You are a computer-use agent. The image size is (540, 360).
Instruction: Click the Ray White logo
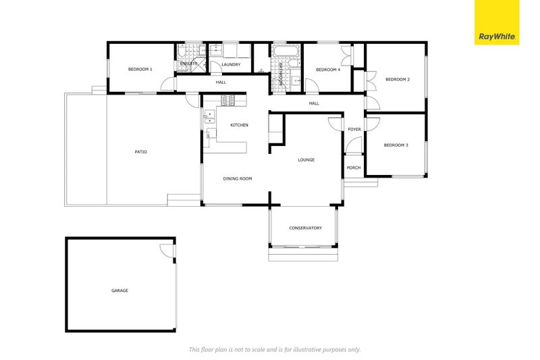point(497,22)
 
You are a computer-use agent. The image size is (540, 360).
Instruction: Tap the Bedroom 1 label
point(140,70)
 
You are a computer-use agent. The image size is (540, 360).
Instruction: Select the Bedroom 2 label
point(398,79)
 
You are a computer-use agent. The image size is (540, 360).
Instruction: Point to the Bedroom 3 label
point(396,145)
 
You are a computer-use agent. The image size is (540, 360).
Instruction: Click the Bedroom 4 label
point(328,70)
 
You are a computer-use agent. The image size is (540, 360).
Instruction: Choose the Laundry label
point(231,64)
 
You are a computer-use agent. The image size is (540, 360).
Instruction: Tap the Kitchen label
point(239,125)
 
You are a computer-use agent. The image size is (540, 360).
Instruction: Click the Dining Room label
point(238,178)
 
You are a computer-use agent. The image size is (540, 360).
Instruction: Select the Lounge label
point(306,160)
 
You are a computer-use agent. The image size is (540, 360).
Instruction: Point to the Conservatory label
point(305,228)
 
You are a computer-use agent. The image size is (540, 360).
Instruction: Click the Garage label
point(119,290)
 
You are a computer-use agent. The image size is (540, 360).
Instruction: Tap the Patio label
point(140,151)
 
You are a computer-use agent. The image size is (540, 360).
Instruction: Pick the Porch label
point(354,168)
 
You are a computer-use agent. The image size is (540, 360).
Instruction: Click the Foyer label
point(354,130)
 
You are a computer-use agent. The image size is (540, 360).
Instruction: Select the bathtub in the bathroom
point(285,51)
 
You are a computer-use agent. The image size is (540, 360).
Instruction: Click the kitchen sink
point(209,117)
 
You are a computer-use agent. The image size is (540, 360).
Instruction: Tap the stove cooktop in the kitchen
point(227,100)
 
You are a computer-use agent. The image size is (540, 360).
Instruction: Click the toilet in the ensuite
point(182,52)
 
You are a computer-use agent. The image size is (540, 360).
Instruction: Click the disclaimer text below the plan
point(275,350)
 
